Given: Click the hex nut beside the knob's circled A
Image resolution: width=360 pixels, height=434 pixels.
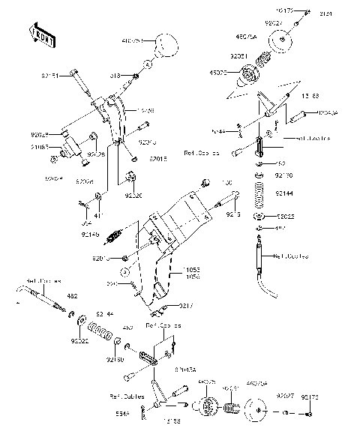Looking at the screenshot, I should (x=136, y=76).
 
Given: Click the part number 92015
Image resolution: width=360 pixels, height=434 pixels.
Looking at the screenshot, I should (x=157, y=159).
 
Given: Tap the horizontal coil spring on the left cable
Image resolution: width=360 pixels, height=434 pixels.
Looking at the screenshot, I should (x=100, y=328).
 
